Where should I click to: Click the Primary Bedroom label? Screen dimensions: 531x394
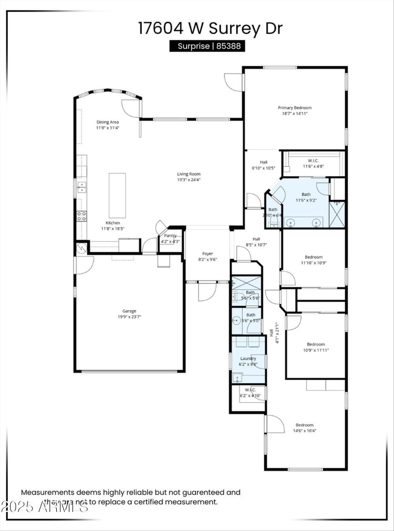click(295, 108)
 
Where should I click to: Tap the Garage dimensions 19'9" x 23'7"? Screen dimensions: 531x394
click(129, 317)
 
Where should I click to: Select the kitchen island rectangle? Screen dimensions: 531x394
click(117, 195)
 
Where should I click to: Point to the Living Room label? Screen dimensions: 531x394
click(189, 174)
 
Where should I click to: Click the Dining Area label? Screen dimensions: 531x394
click(108, 122)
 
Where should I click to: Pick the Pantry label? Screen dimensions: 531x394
click(170, 235)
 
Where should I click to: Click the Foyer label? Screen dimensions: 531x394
click(208, 254)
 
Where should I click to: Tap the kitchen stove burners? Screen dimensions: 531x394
click(82, 216)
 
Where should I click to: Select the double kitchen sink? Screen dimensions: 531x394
click(81, 187)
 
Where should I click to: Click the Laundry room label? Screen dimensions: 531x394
click(248, 358)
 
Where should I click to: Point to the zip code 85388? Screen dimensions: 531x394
click(229, 46)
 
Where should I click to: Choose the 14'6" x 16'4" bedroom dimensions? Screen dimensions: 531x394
click(305, 431)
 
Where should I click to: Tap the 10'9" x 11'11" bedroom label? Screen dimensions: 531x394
click(316, 344)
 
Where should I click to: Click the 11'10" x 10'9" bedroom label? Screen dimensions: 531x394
click(314, 257)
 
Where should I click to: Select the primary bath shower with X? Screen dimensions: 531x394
click(337, 214)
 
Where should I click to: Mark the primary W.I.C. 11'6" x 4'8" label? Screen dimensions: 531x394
click(313, 161)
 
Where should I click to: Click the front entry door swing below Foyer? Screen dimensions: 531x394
click(207, 292)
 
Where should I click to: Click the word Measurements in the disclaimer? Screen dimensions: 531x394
click(48, 492)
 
